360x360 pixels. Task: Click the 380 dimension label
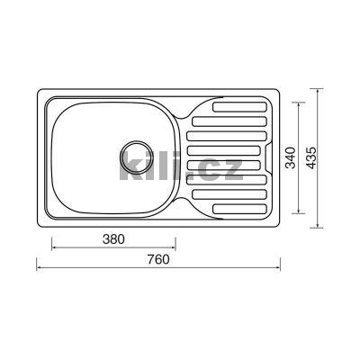[113, 239]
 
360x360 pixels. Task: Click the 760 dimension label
[158, 260]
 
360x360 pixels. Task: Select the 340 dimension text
[291, 157]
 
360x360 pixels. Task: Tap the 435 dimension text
[311, 157]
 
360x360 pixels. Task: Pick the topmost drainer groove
[239, 107]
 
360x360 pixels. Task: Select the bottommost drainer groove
[239, 209]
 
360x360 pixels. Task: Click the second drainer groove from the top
[229, 121]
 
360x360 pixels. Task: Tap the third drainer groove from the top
[227, 136]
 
